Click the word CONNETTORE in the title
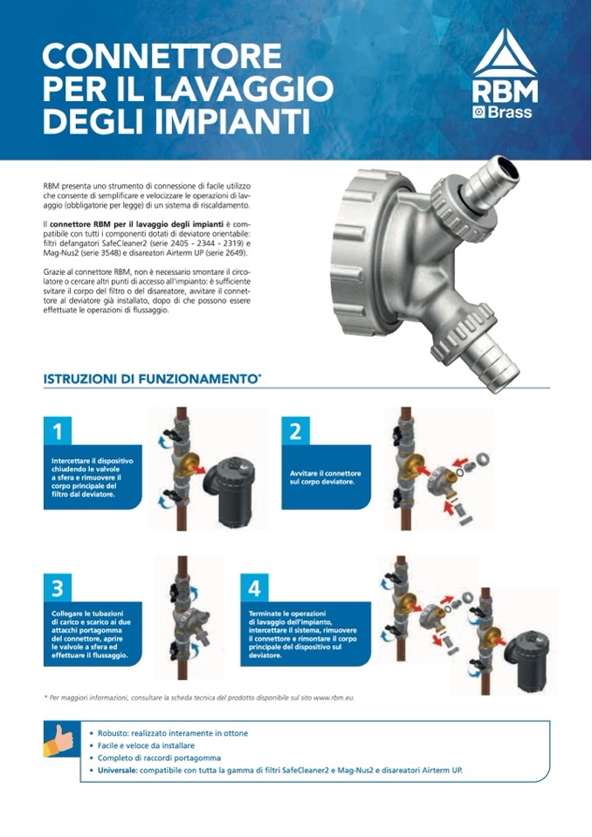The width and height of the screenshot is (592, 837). pyautogui.click(x=162, y=56)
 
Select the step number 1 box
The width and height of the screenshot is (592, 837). pyautogui.click(x=58, y=430)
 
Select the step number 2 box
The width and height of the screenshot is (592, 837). pyautogui.click(x=295, y=430)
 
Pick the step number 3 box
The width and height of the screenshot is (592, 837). pyautogui.click(x=58, y=587)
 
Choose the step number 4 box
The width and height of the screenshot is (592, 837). pyautogui.click(x=255, y=587)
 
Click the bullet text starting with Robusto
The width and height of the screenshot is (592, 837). pyautogui.click(x=172, y=733)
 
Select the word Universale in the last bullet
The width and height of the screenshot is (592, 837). pyautogui.click(x=117, y=771)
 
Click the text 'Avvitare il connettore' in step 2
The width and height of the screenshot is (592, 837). pyautogui.click(x=325, y=473)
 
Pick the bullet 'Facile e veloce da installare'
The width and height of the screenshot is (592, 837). pyautogui.click(x=146, y=745)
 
